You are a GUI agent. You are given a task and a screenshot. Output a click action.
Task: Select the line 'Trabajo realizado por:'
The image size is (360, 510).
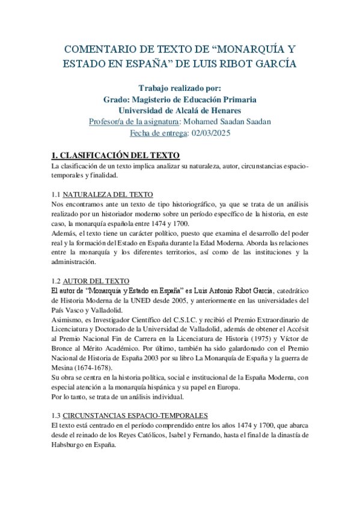pyautogui.click(x=179, y=87)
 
